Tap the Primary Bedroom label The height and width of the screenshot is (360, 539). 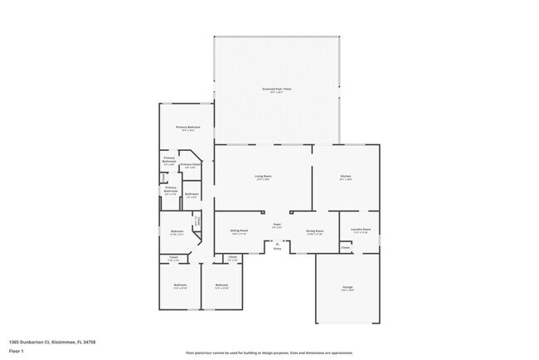coord(187,127)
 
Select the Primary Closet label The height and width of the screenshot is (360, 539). coord(191,164)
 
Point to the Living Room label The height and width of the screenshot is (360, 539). coord(264,176)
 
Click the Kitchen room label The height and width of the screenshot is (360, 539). coord(346,176)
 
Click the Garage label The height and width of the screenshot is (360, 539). coord(347,287)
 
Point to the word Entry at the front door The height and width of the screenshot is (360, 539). coord(277,248)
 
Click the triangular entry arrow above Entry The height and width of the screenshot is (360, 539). coord(277,243)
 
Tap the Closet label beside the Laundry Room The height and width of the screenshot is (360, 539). coord(345,246)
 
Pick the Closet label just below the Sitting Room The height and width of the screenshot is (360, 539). coord(233,257)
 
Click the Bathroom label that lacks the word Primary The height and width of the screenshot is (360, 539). coord(191,196)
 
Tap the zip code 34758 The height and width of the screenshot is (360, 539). coord(90,342)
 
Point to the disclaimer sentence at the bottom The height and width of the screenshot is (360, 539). coord(269,353)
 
